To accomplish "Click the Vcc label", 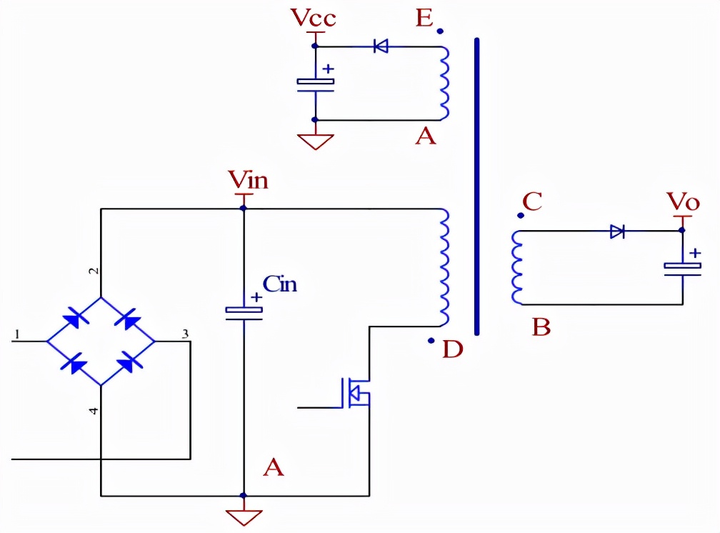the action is (x=313, y=18).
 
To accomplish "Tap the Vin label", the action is (x=248, y=179).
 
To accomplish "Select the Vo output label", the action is (x=684, y=201).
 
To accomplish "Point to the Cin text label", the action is (x=280, y=284).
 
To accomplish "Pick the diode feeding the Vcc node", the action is (x=381, y=46).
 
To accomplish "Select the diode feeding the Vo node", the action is (x=617, y=231).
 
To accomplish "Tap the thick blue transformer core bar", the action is (x=476, y=186).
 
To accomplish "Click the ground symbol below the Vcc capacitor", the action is (x=316, y=141).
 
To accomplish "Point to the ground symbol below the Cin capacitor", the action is (x=244, y=517).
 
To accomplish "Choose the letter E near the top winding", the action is (x=424, y=19).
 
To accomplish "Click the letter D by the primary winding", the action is (x=453, y=349).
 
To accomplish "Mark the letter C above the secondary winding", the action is (x=532, y=201).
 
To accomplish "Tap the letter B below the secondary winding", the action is (x=541, y=327).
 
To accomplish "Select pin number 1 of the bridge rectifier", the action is (x=17, y=334).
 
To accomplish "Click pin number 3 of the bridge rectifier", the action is (x=185, y=334).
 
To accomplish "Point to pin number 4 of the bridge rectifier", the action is (x=94, y=411).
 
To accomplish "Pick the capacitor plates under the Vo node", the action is (x=682, y=269).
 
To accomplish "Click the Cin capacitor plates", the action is (x=244, y=314).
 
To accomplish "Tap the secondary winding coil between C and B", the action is (x=517, y=267).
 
